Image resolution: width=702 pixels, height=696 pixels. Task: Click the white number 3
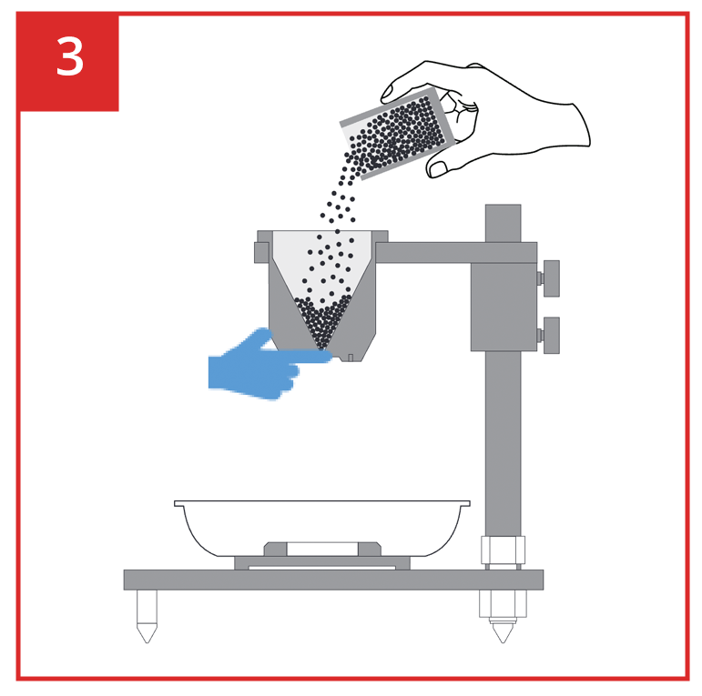(70, 56)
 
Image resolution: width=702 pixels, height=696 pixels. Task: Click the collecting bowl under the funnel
(322, 528)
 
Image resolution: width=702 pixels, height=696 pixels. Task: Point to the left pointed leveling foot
(147, 616)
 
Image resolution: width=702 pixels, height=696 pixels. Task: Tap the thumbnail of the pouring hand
(437, 168)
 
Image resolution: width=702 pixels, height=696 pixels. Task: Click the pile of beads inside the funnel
(322, 321)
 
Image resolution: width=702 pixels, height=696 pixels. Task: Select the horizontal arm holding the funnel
(456, 253)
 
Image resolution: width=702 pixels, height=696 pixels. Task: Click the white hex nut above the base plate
(503, 550)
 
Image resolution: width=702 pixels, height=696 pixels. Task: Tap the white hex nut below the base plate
(503, 603)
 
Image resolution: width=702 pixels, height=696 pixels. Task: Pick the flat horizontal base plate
(333, 580)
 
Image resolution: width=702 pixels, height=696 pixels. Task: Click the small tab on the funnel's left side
(261, 252)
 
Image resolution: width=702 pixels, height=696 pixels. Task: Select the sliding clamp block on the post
(504, 307)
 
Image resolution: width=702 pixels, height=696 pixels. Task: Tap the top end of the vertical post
(503, 206)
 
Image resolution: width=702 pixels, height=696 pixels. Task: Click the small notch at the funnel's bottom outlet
(351, 358)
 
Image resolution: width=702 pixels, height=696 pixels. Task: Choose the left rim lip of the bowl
(179, 504)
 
